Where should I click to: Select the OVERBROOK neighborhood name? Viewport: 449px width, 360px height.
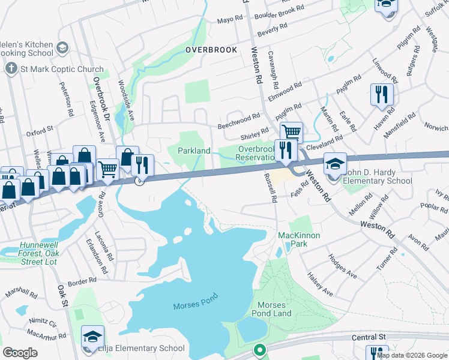point(211,50)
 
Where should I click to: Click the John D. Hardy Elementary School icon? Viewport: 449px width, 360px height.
point(334,164)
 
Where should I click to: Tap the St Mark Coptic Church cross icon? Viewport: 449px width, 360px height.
point(11,68)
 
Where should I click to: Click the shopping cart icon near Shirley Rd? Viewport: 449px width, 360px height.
point(291,131)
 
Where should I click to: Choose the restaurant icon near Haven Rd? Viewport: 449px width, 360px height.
point(382,94)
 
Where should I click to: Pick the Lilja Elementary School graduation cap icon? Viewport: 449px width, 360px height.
point(93,335)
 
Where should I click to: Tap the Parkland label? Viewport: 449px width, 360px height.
point(193,150)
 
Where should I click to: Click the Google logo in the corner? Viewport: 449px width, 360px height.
point(20,353)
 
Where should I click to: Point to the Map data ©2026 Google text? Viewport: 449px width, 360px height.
point(411,355)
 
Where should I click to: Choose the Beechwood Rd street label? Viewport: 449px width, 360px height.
point(238,122)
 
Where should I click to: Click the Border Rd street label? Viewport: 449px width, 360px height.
point(82,280)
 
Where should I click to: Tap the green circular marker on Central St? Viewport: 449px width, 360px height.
point(259,349)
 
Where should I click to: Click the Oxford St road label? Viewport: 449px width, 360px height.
point(40,128)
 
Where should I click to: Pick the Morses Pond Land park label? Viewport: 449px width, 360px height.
point(274,309)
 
